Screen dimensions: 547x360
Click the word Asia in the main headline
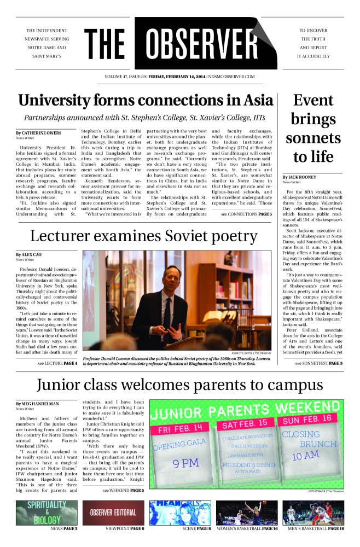(x=254, y=101)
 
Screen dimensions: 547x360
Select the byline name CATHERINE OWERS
(x=38, y=133)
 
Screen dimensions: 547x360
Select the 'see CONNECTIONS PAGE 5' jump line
(x=246, y=214)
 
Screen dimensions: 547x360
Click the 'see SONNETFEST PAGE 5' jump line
(x=318, y=363)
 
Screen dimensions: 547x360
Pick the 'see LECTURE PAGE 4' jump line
(x=57, y=363)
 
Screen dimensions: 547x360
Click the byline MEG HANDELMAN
(x=38, y=404)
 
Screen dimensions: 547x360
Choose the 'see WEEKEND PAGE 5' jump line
(x=123, y=490)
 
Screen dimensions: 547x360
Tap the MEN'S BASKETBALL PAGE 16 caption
(x=321, y=529)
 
